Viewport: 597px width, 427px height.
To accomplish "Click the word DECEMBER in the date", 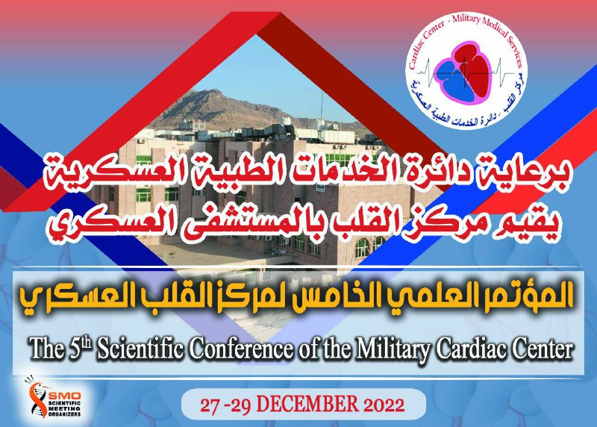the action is click(x=307, y=405).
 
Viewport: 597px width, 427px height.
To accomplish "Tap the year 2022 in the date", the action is click(x=384, y=405).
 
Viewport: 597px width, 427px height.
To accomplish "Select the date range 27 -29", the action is click(x=225, y=405).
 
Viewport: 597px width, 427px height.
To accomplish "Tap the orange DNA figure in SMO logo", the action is click(x=37, y=398).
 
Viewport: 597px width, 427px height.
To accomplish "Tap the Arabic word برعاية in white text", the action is click(x=528, y=176).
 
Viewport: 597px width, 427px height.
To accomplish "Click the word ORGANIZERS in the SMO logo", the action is click(x=65, y=414).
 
